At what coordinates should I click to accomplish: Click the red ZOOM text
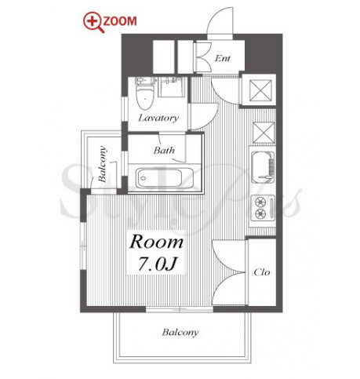click(120, 21)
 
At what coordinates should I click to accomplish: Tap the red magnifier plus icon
click(93, 23)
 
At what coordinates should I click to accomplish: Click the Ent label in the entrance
click(223, 58)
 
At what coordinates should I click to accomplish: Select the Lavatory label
click(158, 118)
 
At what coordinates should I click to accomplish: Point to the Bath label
click(164, 151)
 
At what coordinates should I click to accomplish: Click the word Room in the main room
click(156, 242)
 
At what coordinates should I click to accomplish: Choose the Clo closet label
click(262, 272)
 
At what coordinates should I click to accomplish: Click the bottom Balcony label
click(180, 333)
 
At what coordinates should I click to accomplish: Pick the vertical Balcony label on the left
click(102, 164)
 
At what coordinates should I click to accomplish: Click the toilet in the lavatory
click(145, 93)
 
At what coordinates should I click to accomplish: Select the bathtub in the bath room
click(165, 178)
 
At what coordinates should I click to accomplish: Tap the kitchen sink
click(263, 167)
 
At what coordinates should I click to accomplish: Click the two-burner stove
click(263, 208)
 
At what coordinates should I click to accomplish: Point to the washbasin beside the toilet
click(172, 87)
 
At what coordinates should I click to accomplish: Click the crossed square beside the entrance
click(260, 90)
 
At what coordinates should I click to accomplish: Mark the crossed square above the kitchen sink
click(264, 133)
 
